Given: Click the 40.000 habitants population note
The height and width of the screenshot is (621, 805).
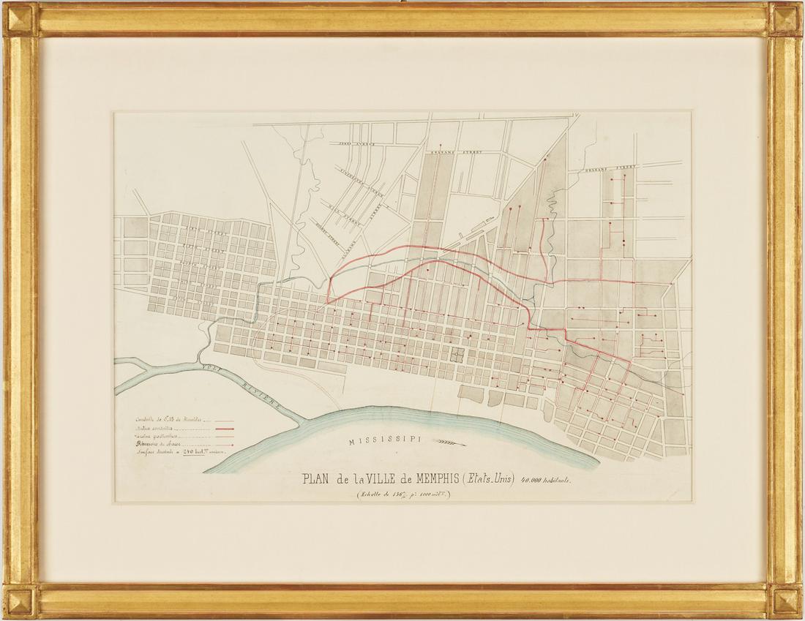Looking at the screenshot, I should pos(544,481).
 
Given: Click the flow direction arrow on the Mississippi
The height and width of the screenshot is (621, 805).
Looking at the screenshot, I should pos(450,441).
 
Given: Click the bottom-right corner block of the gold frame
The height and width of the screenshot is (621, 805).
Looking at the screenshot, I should pos(785,601).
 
